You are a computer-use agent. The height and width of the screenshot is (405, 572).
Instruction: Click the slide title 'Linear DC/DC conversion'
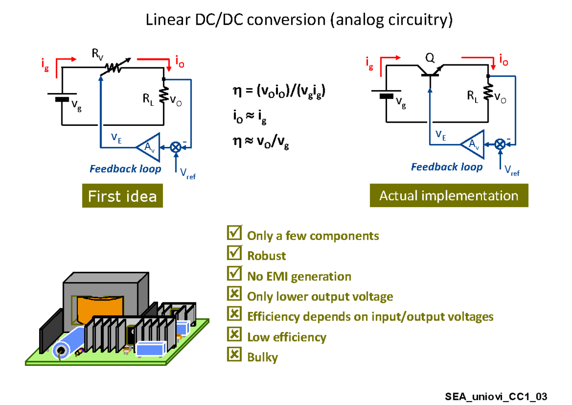(299, 20)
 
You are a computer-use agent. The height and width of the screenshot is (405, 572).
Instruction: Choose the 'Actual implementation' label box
(449, 196)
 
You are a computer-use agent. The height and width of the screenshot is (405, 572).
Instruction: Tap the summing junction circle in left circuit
(176, 147)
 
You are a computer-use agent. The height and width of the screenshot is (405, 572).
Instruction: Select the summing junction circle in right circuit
(500, 144)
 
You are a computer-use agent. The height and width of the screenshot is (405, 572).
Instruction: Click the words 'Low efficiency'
(286, 337)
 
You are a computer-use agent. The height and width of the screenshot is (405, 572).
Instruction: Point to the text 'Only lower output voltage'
(320, 297)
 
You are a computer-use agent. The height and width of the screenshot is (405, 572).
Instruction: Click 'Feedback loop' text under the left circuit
(125, 169)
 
